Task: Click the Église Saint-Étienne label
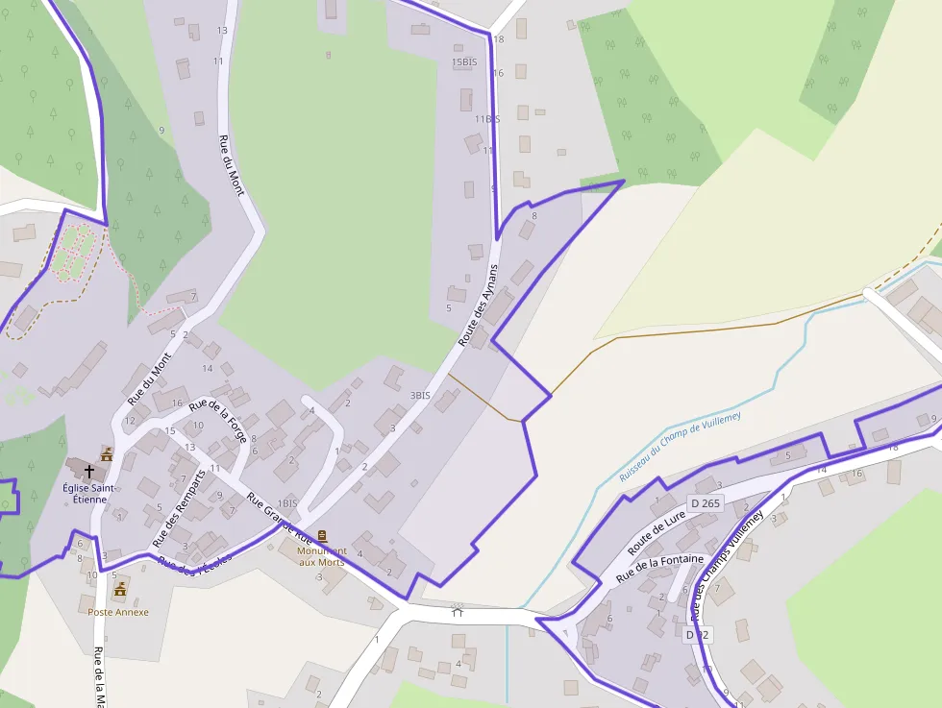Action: click(x=89, y=493)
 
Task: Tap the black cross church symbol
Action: click(x=89, y=472)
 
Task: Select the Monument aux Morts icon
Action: click(x=322, y=536)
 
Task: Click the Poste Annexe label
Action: click(x=118, y=612)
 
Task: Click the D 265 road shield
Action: click(x=705, y=503)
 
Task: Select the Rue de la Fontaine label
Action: click(x=659, y=568)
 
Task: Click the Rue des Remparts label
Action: click(x=180, y=509)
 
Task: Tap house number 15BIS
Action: click(x=464, y=62)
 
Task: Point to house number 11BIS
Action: click(x=487, y=119)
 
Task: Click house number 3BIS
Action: click(x=420, y=395)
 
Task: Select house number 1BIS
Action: click(x=287, y=503)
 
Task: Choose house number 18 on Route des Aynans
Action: click(x=499, y=39)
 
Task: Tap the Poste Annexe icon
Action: click(x=120, y=588)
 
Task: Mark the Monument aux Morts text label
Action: click(x=321, y=556)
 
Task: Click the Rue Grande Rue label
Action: click(x=288, y=521)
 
